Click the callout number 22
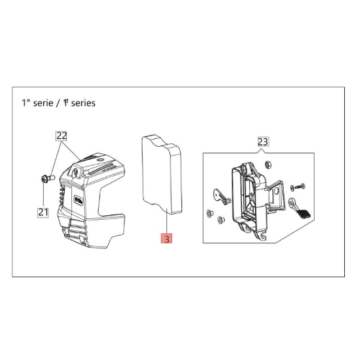(x=61, y=136)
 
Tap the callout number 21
(x=43, y=212)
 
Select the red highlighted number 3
(x=167, y=238)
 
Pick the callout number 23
(x=263, y=142)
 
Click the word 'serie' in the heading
(x=43, y=103)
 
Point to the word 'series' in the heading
(x=84, y=103)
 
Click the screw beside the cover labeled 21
(x=48, y=179)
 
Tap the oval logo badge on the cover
(x=78, y=199)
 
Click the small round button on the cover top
(x=100, y=159)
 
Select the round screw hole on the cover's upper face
(x=76, y=171)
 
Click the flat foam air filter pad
(x=161, y=174)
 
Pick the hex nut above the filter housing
(x=267, y=165)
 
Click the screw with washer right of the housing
(x=297, y=186)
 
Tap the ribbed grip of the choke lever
(x=303, y=214)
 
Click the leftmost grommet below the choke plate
(x=210, y=212)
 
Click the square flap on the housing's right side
(x=276, y=193)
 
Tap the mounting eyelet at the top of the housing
(x=246, y=168)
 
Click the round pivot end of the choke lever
(x=292, y=202)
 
